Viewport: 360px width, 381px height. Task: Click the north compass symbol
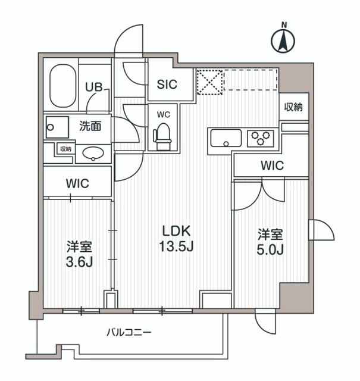tap(284, 40)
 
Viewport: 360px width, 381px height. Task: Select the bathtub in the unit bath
tap(61, 86)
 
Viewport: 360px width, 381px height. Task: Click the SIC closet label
tap(167, 85)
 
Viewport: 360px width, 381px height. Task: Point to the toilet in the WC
tap(162, 136)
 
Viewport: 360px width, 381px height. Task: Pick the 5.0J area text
tap(271, 249)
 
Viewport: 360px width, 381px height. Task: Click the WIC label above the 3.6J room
tap(77, 184)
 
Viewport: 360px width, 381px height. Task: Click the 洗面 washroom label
tap(90, 126)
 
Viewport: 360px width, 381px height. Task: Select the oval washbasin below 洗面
tap(93, 154)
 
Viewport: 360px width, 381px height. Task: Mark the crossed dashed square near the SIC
tap(209, 82)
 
